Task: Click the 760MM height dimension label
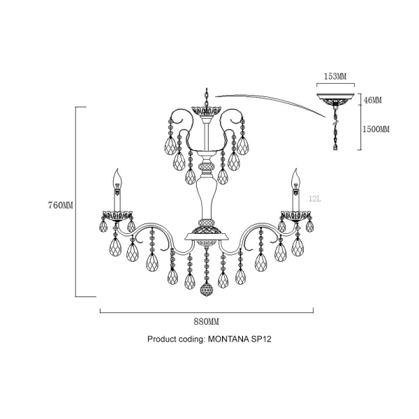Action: pos(60,205)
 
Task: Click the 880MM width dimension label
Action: pos(206,322)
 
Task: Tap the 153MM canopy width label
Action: pos(335,76)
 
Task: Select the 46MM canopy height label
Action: pos(373,100)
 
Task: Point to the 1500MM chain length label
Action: pos(376,129)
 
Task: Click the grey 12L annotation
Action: pos(315,199)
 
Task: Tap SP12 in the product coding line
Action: pos(261,339)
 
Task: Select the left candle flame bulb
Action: pos(117,179)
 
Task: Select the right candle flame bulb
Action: pos(295,179)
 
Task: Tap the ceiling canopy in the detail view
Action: pos(335,99)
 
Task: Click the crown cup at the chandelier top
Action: pos(207,110)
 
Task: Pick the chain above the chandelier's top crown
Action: pos(207,97)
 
